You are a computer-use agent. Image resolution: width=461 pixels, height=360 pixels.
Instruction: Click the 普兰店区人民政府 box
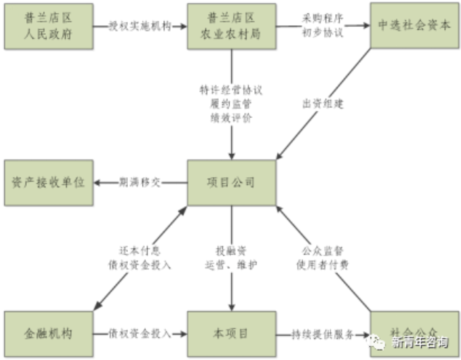(49, 27)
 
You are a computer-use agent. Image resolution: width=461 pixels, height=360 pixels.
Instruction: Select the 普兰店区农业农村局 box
(232, 27)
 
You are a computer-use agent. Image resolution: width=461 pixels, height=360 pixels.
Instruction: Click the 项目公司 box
(232, 183)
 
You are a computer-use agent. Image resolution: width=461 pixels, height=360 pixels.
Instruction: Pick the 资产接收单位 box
(49, 183)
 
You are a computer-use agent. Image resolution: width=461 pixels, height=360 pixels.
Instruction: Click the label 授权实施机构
(140, 27)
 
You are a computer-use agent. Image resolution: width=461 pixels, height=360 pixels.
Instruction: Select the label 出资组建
(316, 105)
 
